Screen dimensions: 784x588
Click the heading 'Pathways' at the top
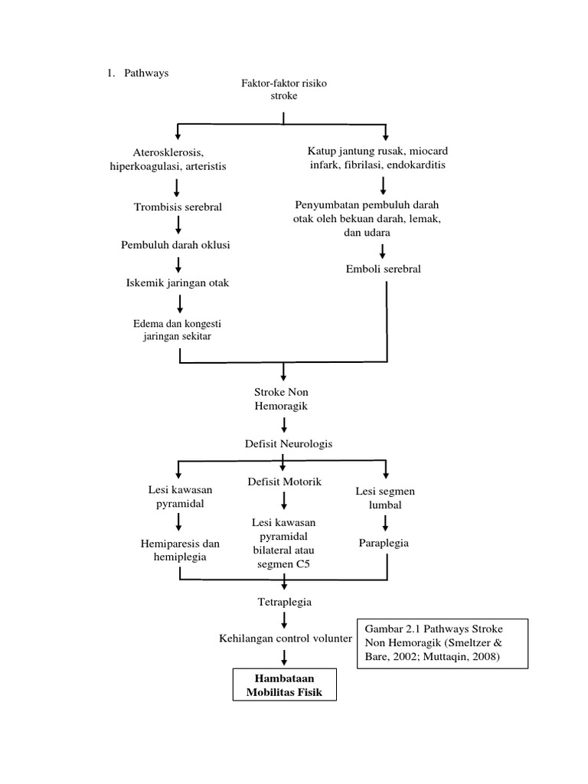(146, 73)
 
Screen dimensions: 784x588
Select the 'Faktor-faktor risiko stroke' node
(283, 89)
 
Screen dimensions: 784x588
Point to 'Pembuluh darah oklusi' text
(176, 245)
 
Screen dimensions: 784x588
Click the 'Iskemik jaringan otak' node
(178, 283)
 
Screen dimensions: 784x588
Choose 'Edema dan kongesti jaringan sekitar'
(177, 329)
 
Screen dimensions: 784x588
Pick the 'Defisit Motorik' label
(284, 482)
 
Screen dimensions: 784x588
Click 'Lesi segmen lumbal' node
(385, 498)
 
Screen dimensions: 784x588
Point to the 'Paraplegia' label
(384, 543)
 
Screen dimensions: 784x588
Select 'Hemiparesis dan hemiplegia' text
(179, 550)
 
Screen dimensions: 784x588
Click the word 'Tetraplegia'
(284, 602)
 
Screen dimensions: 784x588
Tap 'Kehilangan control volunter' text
(285, 637)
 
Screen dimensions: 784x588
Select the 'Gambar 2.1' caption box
(431, 644)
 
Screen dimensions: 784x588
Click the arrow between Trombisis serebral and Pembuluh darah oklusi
(178, 225)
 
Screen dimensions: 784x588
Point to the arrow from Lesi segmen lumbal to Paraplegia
(385, 522)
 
